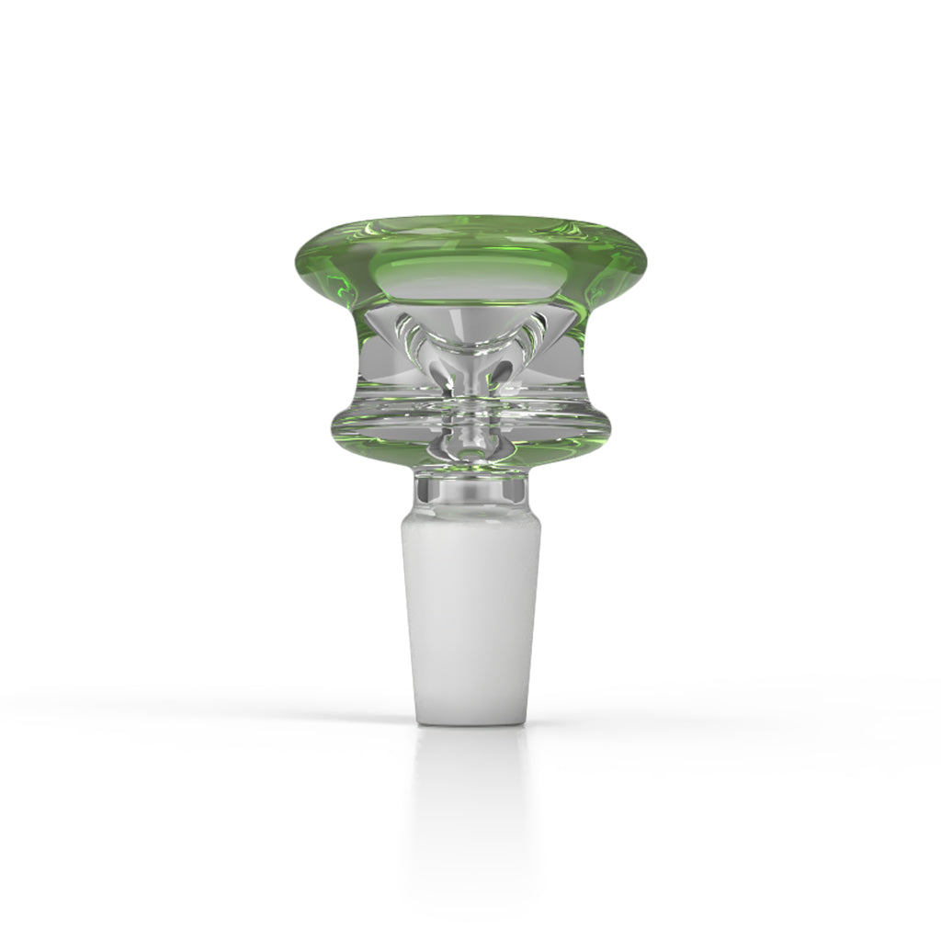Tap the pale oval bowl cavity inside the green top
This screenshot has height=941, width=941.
click(x=471, y=276)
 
